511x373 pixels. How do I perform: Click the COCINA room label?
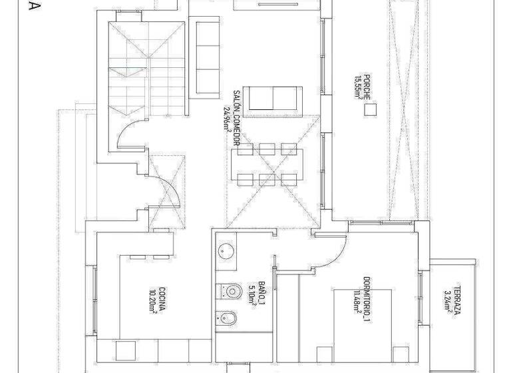[x=162, y=299]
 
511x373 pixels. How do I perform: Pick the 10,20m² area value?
[x=152, y=300]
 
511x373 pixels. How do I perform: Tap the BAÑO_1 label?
[x=261, y=294]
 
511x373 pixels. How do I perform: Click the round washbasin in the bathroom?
[x=224, y=251]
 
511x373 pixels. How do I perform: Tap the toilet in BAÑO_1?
[x=230, y=291]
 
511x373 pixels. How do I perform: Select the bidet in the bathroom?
[x=226, y=318]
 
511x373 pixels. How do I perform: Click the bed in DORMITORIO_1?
[x=363, y=326]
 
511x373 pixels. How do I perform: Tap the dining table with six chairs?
[x=267, y=164]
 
